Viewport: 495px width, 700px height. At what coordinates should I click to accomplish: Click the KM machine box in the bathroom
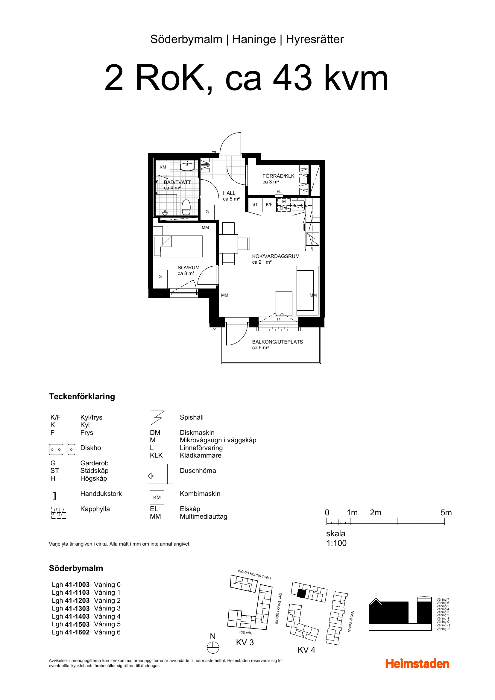[163, 167]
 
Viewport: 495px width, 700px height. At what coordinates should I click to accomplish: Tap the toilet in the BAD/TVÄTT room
[186, 207]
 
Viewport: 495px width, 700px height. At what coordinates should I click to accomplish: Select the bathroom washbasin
[187, 166]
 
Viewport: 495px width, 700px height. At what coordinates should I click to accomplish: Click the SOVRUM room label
[188, 268]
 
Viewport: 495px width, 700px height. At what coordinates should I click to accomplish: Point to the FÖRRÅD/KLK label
[278, 176]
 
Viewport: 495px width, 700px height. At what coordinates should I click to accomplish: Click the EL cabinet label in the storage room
[279, 192]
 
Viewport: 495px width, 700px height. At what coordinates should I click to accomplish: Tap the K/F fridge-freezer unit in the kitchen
[269, 205]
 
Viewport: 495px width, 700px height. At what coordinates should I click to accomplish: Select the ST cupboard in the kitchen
[255, 205]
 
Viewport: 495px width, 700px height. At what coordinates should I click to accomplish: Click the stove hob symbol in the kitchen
[313, 239]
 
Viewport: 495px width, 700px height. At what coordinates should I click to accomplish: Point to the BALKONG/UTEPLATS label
[277, 342]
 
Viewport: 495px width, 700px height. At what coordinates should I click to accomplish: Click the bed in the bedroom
[178, 246]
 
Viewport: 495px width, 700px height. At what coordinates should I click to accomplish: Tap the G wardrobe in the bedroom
[160, 277]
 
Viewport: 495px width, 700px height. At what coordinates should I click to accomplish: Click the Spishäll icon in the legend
[158, 418]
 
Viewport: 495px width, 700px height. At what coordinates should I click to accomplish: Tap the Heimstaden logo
[417, 664]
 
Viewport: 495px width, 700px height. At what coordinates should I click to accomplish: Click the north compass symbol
[213, 647]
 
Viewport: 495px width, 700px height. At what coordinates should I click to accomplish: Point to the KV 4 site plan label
[306, 650]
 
